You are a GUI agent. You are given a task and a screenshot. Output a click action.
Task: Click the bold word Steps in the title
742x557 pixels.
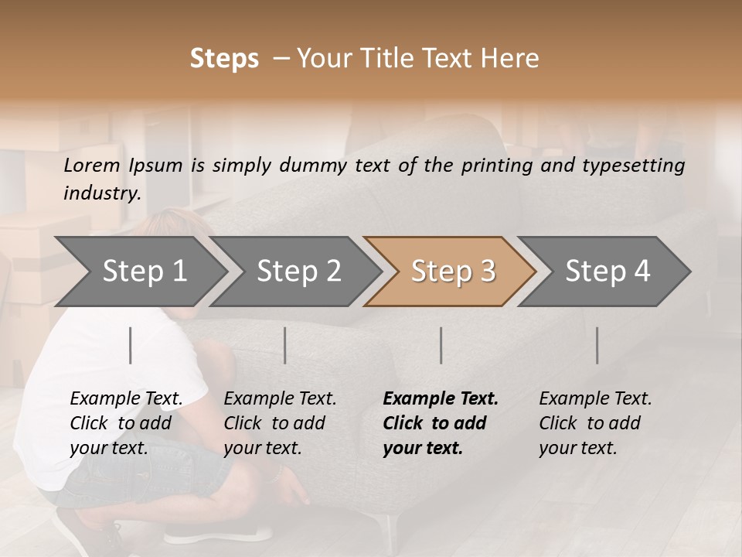point(224,59)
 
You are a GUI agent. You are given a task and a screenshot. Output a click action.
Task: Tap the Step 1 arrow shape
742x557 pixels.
point(144,272)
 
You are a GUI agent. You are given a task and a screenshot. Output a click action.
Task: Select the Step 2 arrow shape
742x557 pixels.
point(298,272)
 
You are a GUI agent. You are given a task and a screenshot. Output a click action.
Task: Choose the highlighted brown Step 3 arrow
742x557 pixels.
point(453,272)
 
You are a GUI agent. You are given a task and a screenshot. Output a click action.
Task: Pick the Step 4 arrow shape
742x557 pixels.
point(608,272)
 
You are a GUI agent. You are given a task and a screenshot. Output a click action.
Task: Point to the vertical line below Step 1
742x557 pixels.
point(131,345)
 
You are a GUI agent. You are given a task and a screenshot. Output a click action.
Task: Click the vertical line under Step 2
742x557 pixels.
point(285,345)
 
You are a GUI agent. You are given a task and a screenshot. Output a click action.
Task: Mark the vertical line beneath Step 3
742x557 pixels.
point(441,345)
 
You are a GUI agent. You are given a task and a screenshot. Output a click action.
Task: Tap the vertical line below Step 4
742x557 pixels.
point(597,345)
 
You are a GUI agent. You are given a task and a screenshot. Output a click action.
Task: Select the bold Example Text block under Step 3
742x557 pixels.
point(441,423)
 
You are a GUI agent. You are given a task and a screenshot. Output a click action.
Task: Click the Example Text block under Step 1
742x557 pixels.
point(126,423)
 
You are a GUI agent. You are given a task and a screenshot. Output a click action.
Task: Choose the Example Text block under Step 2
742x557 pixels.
point(280,423)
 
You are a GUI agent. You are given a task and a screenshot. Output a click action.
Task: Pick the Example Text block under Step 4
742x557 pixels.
point(595,423)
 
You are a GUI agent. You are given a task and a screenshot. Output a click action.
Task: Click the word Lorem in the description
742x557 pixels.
point(92,166)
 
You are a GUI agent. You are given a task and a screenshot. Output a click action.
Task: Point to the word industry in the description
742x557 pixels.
point(102,193)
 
